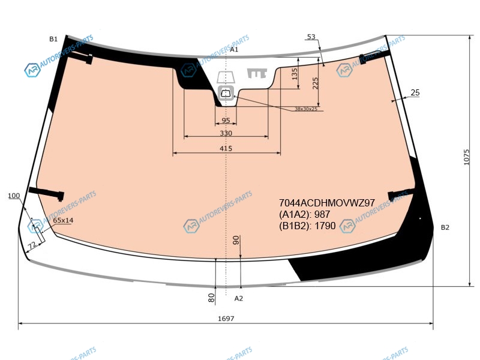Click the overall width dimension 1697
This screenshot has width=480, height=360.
226,319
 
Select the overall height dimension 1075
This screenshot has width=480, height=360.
467,157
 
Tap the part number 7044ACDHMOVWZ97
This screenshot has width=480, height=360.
327,203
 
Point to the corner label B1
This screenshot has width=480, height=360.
53,39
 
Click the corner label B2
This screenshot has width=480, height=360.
445,227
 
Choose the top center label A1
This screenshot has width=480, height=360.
234,49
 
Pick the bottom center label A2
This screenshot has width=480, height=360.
239,298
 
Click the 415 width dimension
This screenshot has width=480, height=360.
226,148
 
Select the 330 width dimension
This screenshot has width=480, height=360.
226,133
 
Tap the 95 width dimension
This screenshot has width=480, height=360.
226,121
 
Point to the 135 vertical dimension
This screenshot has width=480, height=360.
294,74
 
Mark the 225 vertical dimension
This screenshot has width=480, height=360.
316,83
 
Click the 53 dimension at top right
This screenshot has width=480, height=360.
311,37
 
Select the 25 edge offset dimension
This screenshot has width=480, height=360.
415,92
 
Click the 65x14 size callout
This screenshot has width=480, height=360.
63,220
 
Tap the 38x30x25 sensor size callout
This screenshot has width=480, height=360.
306,109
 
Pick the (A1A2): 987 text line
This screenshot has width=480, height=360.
304,214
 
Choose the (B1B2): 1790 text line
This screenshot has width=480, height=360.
307,226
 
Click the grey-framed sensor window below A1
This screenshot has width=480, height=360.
226,93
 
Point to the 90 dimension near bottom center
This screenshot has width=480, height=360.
236,241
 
